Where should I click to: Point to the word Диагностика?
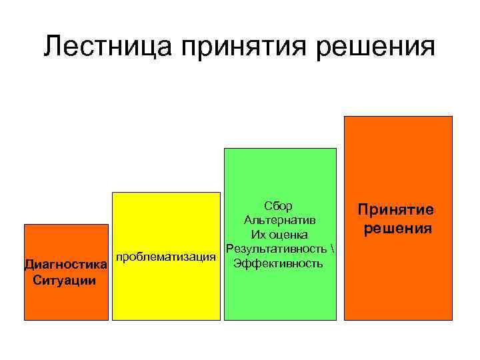click(65, 265)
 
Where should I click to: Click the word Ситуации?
click(64, 279)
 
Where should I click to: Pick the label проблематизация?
click(166, 257)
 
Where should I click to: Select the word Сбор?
click(278, 205)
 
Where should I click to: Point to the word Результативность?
click(275, 249)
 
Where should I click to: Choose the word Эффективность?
click(279, 263)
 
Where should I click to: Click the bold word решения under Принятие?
click(397, 229)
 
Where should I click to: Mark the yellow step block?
click(165, 293)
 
